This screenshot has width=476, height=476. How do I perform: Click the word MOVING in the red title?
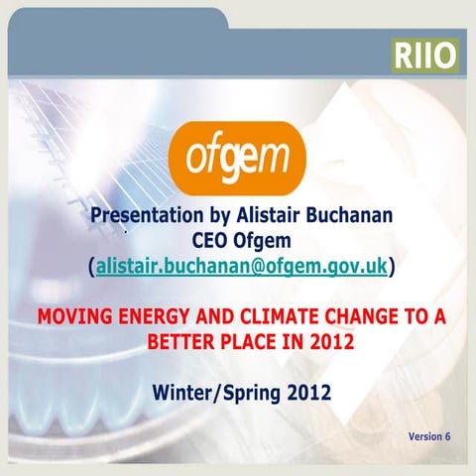[x=74, y=318]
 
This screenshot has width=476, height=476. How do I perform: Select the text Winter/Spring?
[x=207, y=393]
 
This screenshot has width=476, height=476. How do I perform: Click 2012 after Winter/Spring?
[x=298, y=393]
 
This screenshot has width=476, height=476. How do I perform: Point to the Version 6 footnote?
[x=428, y=436]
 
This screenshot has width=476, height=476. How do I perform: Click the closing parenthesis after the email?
[x=393, y=266]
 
